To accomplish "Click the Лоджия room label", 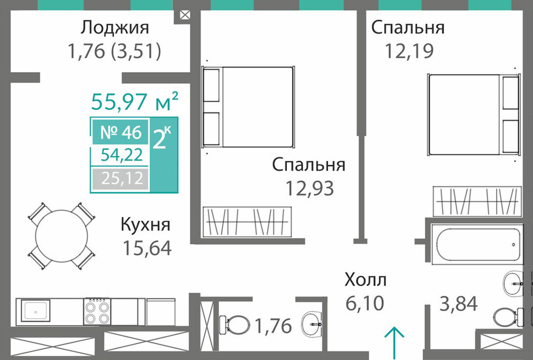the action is [115, 28].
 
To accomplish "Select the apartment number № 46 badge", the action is [121, 132].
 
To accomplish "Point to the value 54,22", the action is [122, 155].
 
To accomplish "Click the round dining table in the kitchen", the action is [61, 236].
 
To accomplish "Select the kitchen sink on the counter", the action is [35, 310].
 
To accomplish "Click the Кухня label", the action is [146, 225].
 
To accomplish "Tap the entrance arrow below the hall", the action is [394, 343].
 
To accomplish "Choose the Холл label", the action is [366, 280].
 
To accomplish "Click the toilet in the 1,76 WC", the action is [234, 324].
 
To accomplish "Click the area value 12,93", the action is [310, 188].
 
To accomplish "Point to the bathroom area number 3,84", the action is [458, 303].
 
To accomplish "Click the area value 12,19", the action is [409, 51].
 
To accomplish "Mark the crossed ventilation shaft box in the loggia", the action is [184, 15].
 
